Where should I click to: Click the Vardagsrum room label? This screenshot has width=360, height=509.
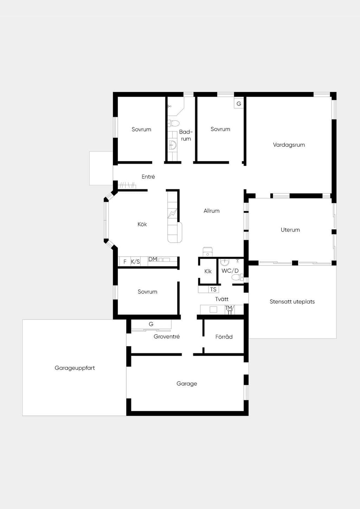tap(289, 145)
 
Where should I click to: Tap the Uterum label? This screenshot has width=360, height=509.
tap(290, 230)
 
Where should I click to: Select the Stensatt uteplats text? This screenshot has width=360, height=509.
tap(292, 302)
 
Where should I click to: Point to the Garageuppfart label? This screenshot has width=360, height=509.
tap(75, 368)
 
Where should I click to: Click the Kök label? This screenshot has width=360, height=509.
tap(142, 224)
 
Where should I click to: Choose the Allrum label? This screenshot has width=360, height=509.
tap(212, 211)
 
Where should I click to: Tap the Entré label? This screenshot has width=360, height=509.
tap(148, 176)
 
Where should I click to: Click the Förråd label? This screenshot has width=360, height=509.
tap(224, 336)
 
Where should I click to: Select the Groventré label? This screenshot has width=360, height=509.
tap(167, 336)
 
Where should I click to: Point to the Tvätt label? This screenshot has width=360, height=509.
tap(222, 299)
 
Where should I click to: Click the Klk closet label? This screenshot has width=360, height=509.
tap(208, 271)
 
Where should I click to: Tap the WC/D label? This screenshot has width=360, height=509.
tap(230, 271)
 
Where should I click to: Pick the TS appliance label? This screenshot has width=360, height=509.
tap(213, 289)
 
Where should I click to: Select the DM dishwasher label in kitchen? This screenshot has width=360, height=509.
tap(153, 259)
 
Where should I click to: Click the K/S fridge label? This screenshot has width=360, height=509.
tap(135, 262)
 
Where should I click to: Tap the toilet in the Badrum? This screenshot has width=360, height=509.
tap(174, 123)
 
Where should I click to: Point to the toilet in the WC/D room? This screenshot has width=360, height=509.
tap(237, 277)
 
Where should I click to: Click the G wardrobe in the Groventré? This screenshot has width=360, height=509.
tap(151, 324)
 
